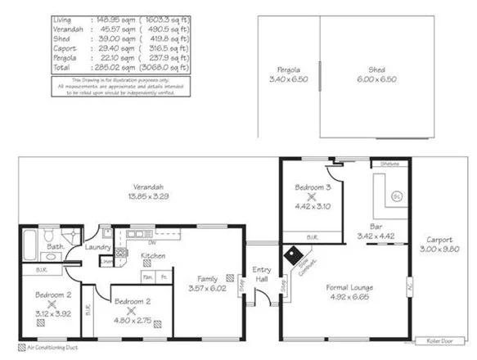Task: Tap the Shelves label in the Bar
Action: [x=389, y=164]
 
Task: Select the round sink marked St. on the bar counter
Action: [x=397, y=196]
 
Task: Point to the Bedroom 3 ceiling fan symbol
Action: [x=311, y=197]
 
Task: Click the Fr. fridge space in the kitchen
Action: [x=164, y=277]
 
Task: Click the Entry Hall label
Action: [x=262, y=275]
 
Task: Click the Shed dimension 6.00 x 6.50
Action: [x=377, y=79]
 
